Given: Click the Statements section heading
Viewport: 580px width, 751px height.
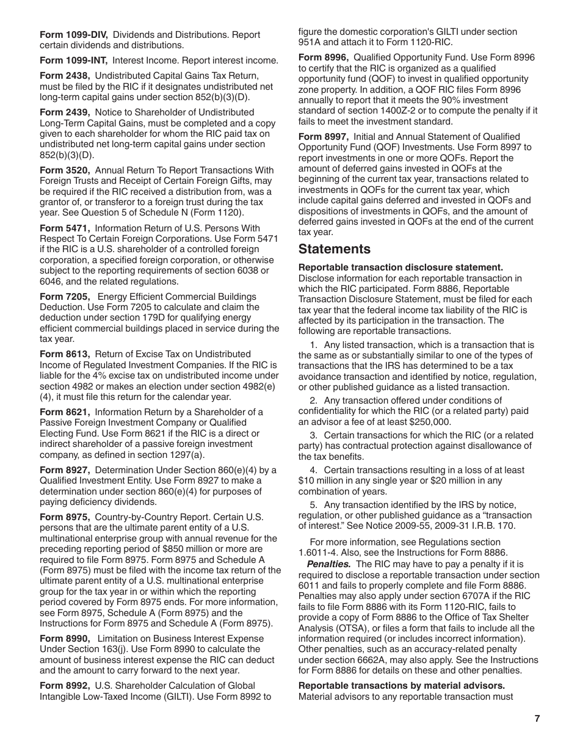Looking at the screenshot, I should coord(334,249).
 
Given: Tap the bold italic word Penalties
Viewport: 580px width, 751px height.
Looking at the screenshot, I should coord(328,564).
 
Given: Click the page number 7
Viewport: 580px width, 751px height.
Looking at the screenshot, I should coord(537,719).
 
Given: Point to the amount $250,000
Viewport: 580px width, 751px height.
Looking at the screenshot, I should coord(430,422).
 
